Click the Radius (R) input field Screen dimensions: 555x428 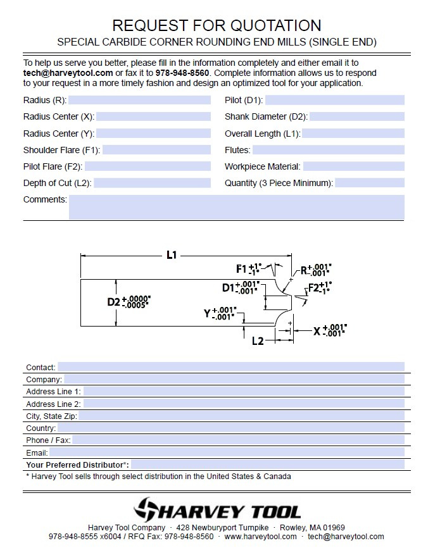139,100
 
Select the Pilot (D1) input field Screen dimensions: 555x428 334,100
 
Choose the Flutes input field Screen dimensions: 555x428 328,151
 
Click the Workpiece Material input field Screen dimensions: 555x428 353,167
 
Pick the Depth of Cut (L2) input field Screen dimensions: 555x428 152,184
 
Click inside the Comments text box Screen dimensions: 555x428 236,207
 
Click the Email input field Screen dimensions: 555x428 227,453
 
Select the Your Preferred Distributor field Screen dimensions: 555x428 267,465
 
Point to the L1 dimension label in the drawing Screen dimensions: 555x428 172,255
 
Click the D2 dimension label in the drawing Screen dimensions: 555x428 114,302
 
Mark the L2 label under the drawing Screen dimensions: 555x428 258,341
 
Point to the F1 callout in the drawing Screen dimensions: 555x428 241,268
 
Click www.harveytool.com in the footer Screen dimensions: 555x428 260,537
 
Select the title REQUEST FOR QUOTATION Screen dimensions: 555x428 217,25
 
